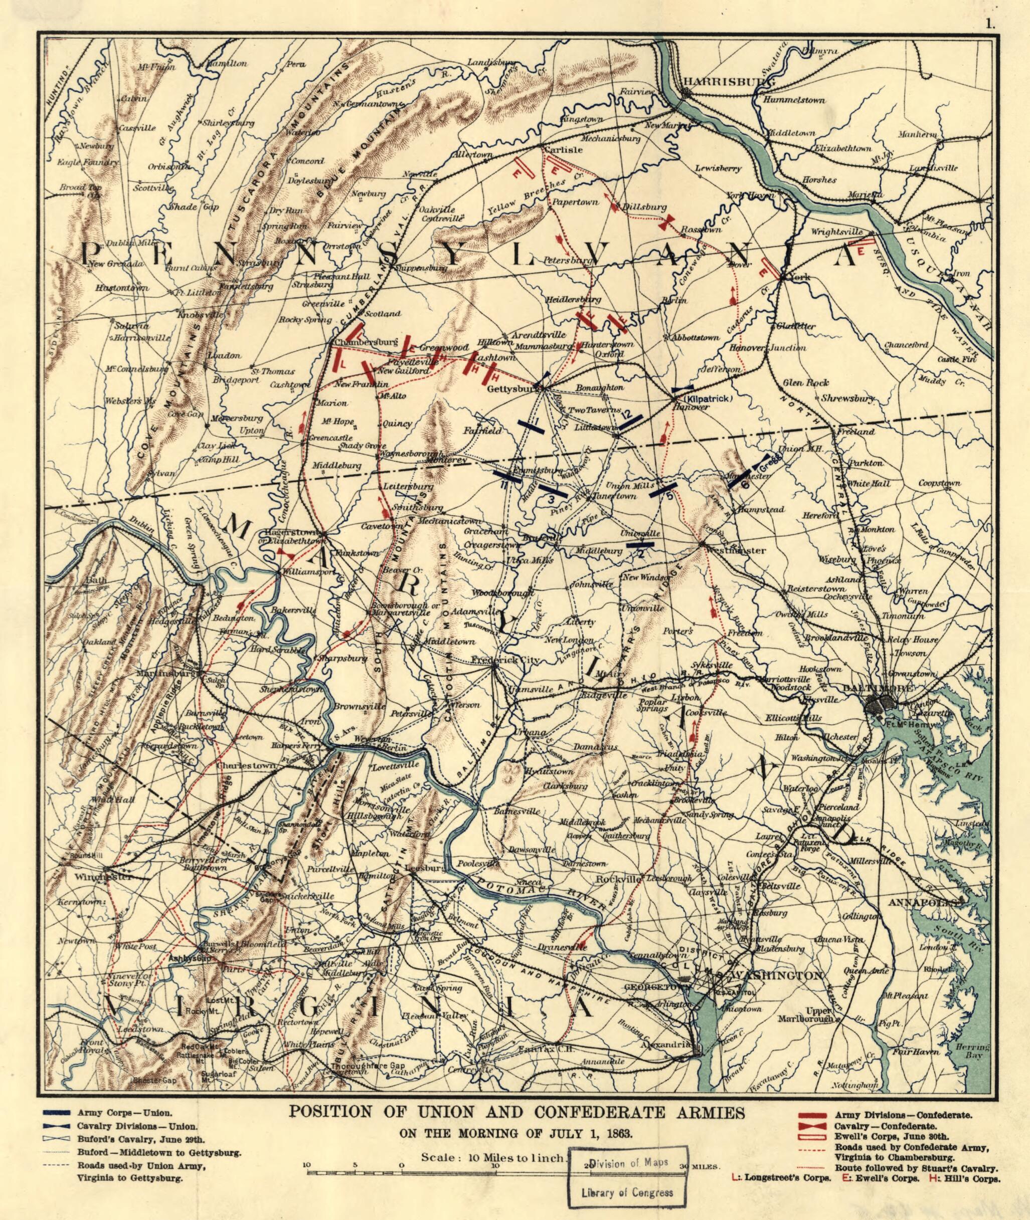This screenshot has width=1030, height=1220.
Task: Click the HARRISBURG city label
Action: pos(729,81)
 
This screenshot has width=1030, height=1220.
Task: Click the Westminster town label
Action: pos(735,550)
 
